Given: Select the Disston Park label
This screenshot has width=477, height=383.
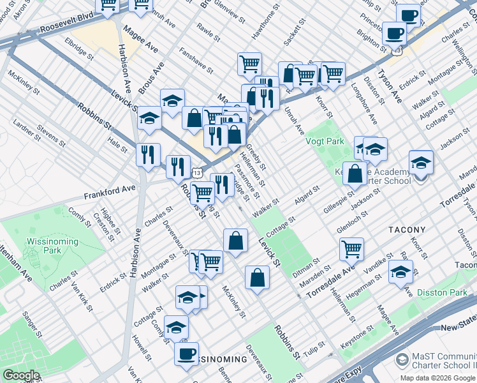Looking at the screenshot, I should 442,292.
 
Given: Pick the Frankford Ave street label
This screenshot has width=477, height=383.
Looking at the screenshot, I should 110,190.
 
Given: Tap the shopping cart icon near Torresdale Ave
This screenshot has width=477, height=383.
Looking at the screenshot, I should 351,248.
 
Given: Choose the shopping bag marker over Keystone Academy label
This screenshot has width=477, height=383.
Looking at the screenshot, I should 355,172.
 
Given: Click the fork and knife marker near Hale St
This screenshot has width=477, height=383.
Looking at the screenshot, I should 148,154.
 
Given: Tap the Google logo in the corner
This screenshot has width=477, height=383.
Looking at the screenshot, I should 21,375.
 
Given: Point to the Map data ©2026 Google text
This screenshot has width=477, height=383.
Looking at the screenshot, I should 437,378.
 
